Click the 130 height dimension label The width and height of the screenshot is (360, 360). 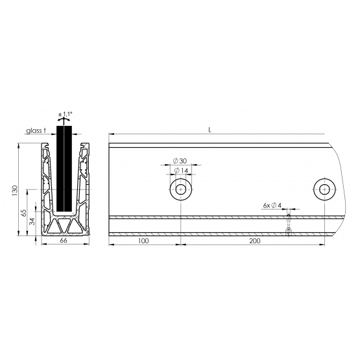click(x=15, y=190)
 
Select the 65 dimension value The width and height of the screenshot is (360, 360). click(x=23, y=213)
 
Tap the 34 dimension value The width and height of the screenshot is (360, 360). click(x=32, y=222)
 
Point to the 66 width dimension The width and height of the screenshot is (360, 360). click(x=64, y=241)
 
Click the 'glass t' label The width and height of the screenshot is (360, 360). click(x=36, y=130)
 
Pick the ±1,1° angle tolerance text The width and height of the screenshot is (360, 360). click(x=66, y=114)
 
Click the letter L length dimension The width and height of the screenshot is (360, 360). click(x=210, y=130)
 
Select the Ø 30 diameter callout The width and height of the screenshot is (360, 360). click(x=180, y=161)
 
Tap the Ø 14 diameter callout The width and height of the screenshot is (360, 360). click(x=181, y=171)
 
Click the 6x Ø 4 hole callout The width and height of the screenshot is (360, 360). click(x=272, y=205)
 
